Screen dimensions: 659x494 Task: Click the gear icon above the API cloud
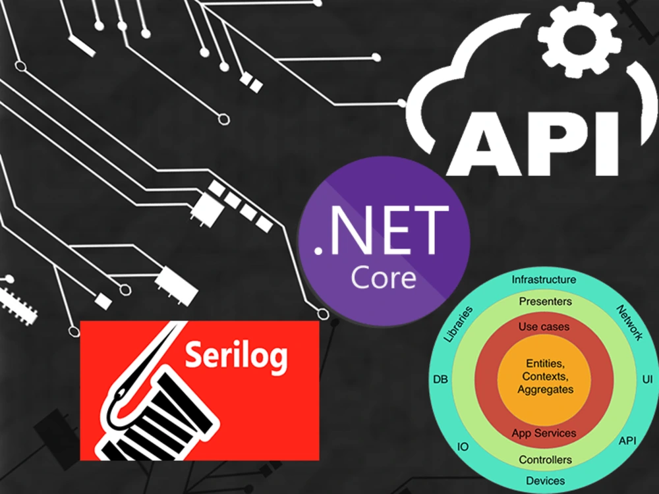(x=579, y=40)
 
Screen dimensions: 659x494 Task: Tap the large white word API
(x=533, y=144)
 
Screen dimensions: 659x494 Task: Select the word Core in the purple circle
(x=384, y=277)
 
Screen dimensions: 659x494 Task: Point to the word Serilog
(x=237, y=356)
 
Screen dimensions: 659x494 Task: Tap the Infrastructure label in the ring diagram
(x=544, y=279)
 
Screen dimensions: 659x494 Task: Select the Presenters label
(x=545, y=301)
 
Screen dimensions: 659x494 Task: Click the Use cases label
(x=544, y=327)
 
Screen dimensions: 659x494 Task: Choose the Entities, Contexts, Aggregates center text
(x=545, y=376)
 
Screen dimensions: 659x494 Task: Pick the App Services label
(x=544, y=433)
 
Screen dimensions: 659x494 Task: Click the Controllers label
(x=545, y=460)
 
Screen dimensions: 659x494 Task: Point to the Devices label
(x=545, y=481)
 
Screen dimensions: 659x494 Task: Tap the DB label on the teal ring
(x=440, y=379)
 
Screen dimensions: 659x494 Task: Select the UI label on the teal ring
(x=647, y=379)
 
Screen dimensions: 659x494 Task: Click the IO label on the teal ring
(x=463, y=447)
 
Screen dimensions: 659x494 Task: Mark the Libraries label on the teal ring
(x=459, y=323)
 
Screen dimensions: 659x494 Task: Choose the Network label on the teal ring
(x=629, y=323)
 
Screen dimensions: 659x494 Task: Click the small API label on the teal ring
(x=627, y=441)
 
